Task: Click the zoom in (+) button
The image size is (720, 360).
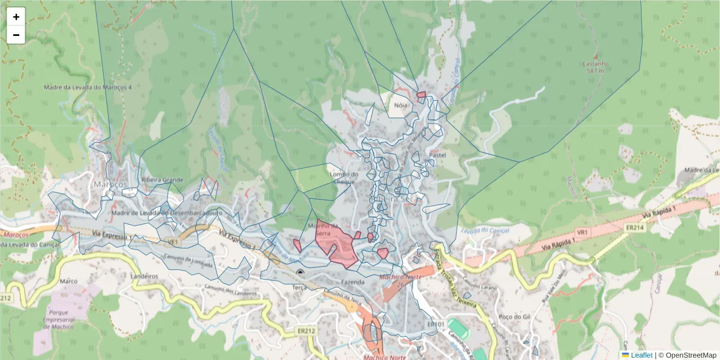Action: (x=16, y=17)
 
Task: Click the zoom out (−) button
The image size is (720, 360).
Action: (x=16, y=35)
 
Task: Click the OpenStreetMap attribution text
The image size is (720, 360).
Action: (x=691, y=355)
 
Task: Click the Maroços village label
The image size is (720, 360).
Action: (x=110, y=182)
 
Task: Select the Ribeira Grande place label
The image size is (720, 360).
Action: (x=162, y=179)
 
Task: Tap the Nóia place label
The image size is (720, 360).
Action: (x=400, y=105)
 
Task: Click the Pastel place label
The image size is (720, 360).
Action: (x=438, y=155)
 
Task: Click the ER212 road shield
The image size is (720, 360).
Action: (x=306, y=330)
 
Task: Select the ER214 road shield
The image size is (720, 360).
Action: (x=634, y=228)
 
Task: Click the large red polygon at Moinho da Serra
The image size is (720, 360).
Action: (x=338, y=246)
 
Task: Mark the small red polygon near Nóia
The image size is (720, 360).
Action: (x=421, y=94)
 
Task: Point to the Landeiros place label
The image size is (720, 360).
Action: (x=144, y=276)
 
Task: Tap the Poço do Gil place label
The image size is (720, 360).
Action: (x=511, y=316)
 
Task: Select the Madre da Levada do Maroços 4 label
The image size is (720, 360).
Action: (x=88, y=87)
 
